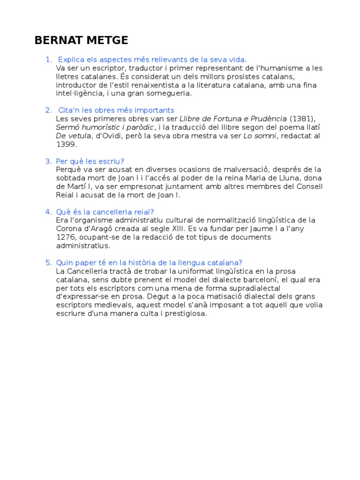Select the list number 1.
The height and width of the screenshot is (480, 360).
tap(48, 60)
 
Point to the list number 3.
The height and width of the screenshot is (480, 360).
tap(48, 161)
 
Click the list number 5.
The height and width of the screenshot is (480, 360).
tap(48, 262)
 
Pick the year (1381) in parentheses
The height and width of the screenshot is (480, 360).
tap(303, 119)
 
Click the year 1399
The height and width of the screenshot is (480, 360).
tap(66, 144)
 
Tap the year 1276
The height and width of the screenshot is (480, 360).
tap(66, 237)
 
